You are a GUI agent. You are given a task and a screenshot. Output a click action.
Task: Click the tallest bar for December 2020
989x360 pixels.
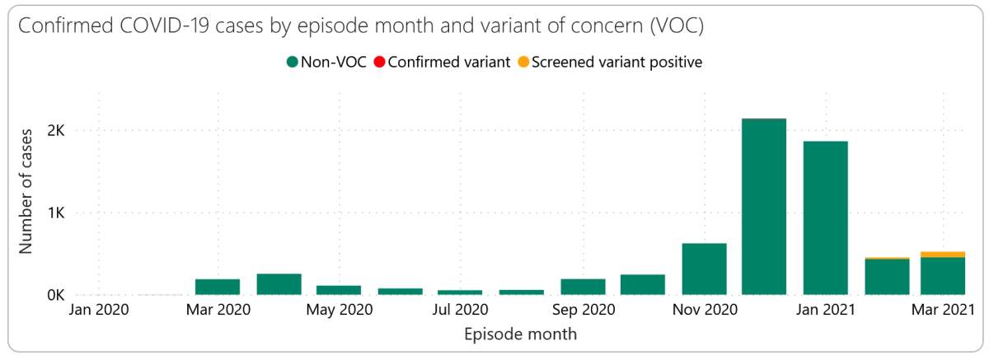coord(763,206)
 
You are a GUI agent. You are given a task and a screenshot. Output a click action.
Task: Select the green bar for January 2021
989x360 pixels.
coord(825,217)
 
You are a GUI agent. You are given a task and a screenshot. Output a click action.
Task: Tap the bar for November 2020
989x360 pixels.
coord(704,269)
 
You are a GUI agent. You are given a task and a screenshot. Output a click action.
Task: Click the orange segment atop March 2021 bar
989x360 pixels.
coord(942,255)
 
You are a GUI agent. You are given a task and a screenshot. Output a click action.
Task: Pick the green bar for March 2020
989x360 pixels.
coord(218,287)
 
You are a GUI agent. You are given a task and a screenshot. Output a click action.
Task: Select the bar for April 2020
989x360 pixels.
coord(279,284)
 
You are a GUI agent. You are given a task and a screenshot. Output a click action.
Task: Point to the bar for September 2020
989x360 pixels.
coord(583,287)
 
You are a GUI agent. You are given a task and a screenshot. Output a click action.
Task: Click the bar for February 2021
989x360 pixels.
coord(887,277)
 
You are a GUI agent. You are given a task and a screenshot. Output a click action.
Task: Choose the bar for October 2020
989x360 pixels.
coord(643,284)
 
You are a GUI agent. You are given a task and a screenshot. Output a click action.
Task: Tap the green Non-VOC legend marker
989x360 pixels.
coord(292,62)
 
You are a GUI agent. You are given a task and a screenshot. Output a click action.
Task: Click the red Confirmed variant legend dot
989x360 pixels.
coord(379,62)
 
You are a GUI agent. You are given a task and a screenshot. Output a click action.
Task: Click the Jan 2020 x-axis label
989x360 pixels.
coord(96,311)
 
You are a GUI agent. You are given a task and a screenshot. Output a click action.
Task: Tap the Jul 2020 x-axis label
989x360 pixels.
coord(461,311)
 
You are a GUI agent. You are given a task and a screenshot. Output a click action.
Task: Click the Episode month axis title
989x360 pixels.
coord(520,334)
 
